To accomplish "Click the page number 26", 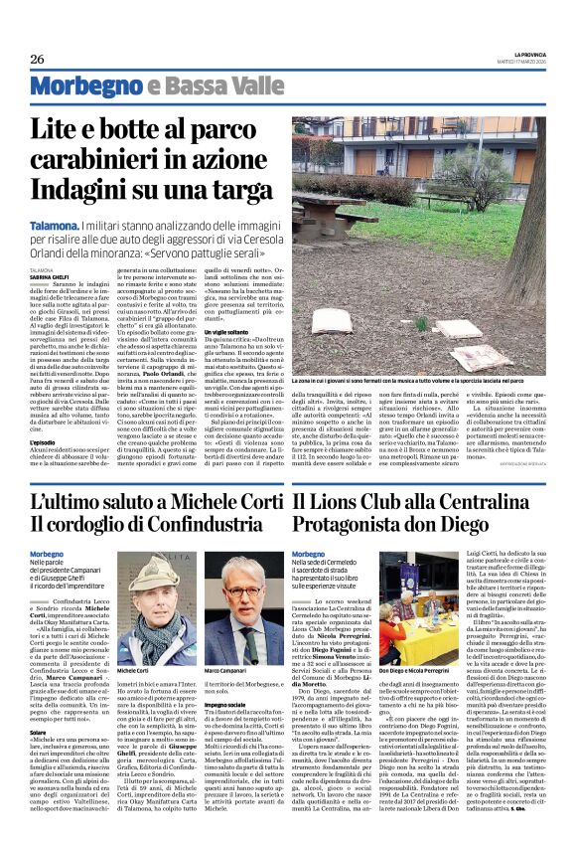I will click(37, 60).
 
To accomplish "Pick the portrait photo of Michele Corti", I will click(138, 603).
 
